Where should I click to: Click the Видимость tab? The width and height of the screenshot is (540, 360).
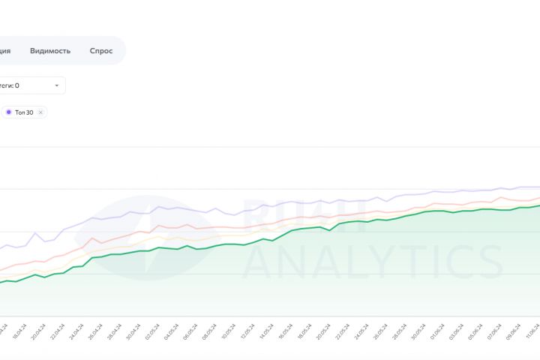click(x=50, y=51)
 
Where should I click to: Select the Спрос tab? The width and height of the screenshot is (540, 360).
click(x=101, y=51)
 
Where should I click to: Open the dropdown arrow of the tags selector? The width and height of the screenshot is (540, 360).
click(x=56, y=85)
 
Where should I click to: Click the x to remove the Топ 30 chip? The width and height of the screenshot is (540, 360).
click(x=40, y=112)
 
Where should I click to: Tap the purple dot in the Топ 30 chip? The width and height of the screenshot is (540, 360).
click(x=8, y=112)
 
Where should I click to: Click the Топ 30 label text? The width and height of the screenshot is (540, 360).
click(x=24, y=112)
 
